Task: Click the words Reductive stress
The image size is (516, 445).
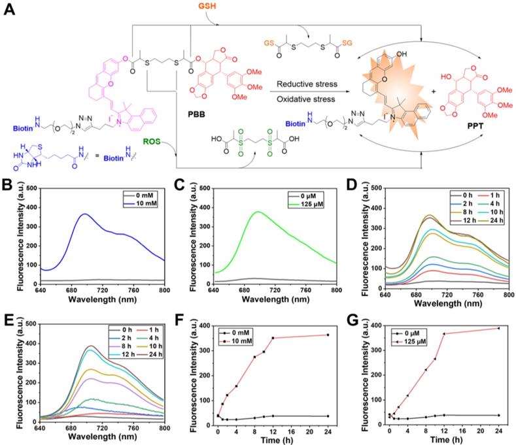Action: click(x=306, y=85)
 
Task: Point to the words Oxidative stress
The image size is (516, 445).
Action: click(x=305, y=99)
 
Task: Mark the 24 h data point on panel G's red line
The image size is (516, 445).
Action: click(x=499, y=328)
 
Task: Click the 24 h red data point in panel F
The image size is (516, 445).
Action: click(x=327, y=335)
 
